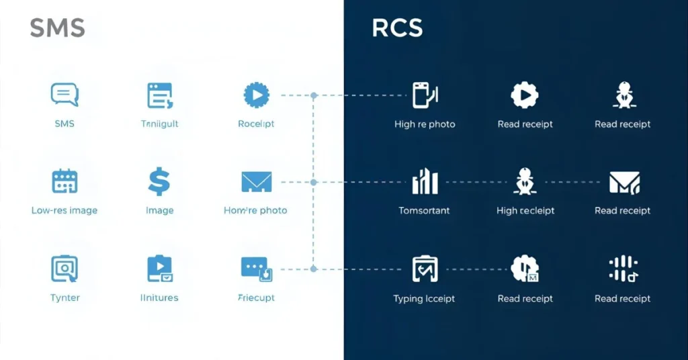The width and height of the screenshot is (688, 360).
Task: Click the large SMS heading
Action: (57, 28)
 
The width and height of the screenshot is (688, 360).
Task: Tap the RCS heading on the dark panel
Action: (397, 28)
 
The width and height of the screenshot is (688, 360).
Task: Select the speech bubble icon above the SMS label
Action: (64, 95)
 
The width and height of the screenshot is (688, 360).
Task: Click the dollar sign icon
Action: (159, 182)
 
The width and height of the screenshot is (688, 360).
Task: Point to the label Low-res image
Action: (64, 210)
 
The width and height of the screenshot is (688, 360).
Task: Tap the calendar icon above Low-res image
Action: (64, 181)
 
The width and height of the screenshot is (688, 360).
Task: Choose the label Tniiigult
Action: (159, 124)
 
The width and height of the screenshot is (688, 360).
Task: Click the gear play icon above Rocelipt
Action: (256, 95)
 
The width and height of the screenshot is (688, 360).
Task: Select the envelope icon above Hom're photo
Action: (256, 181)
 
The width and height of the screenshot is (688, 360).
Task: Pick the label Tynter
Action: (64, 298)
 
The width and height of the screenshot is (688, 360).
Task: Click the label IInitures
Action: (159, 298)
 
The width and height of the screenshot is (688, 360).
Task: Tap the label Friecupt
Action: (256, 298)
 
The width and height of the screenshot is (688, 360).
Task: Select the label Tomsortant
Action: (424, 210)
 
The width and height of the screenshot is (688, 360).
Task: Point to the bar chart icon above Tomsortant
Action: (424, 181)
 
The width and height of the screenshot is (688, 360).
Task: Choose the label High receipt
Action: (525, 210)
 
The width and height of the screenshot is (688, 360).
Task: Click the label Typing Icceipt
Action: (424, 299)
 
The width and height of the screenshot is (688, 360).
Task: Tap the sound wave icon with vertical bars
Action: (623, 269)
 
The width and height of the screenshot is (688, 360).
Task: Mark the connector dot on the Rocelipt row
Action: (313, 95)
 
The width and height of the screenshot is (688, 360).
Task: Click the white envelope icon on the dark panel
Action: (623, 182)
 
